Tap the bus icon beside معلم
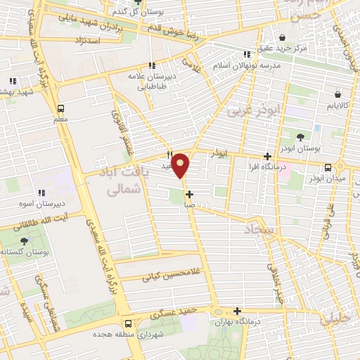click(61, 109)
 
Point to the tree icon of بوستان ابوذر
click(300, 137)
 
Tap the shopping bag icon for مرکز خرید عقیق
click(283, 37)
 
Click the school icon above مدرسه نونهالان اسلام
click(246, 54)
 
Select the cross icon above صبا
click(189, 193)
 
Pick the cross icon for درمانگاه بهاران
click(238, 311)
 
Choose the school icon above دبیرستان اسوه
click(41, 193)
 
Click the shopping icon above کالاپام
click(340, 93)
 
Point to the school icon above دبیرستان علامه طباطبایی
click(152, 65)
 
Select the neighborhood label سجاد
click(260, 230)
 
